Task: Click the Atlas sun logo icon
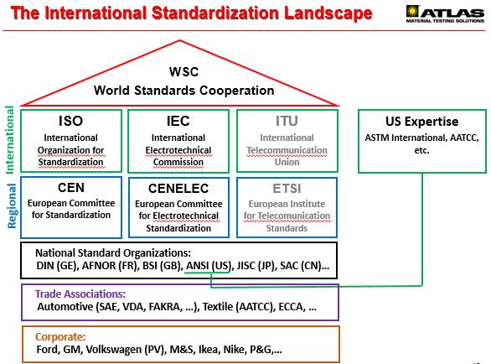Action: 412,11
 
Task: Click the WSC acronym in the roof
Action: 183,72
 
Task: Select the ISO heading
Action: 70,121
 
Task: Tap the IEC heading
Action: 178,121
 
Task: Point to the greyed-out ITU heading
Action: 287,121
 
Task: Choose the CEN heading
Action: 71,188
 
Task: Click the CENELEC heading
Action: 178,189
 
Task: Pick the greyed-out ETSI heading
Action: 287,189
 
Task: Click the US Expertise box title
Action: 421,122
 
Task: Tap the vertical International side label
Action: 10,140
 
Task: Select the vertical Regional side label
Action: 11,206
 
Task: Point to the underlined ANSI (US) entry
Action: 209,266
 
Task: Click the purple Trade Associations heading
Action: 80,294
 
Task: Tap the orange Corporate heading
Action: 60,336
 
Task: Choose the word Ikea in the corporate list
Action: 208,349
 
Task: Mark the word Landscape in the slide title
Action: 328,13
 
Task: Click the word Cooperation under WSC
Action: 237,91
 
